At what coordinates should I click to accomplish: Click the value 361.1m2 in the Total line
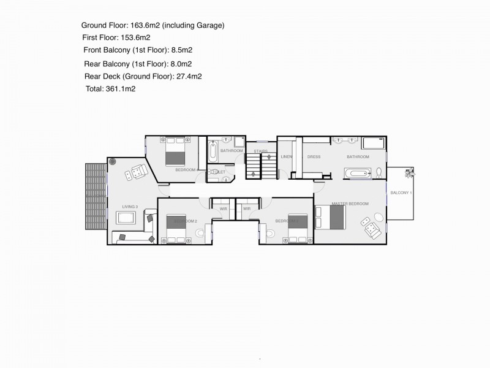pyautogui.click(x=121, y=89)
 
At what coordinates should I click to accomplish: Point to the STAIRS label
pyautogui.click(x=261, y=151)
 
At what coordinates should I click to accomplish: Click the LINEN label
pyautogui.click(x=287, y=157)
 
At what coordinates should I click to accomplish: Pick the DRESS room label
pyautogui.click(x=314, y=157)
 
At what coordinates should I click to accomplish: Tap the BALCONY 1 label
pyautogui.click(x=401, y=193)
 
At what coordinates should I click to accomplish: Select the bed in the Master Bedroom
pyautogui.click(x=330, y=217)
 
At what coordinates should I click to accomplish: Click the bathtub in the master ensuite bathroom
pyautogui.click(x=356, y=174)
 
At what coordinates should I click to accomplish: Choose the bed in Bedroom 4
pyautogui.click(x=175, y=150)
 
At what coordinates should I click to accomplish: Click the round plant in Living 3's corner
pyautogui.click(x=113, y=161)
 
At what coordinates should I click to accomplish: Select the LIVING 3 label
pyautogui.click(x=129, y=207)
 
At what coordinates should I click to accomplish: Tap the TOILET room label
pyautogui.click(x=218, y=172)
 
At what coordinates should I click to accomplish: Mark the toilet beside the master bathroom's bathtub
pyautogui.click(x=379, y=172)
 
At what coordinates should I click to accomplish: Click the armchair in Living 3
pyautogui.click(x=134, y=174)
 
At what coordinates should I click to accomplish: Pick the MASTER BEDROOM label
pyautogui.click(x=350, y=203)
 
